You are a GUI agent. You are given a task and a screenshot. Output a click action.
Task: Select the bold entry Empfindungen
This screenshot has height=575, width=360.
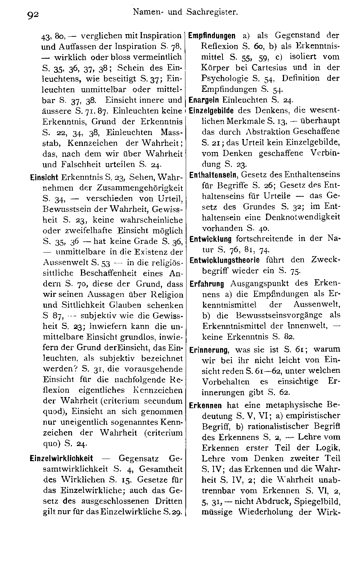point(212,36)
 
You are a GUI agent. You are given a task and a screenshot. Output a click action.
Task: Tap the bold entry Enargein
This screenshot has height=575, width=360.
point(205,100)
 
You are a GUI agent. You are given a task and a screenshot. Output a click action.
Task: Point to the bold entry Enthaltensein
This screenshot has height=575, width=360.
point(212,175)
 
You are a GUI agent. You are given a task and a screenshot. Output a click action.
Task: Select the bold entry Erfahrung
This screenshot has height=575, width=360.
point(207,284)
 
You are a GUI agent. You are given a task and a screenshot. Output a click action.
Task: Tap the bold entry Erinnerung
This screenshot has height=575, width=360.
point(209,349)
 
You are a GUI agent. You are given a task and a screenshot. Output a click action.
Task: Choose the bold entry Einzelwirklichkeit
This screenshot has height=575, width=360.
point(62,459)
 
